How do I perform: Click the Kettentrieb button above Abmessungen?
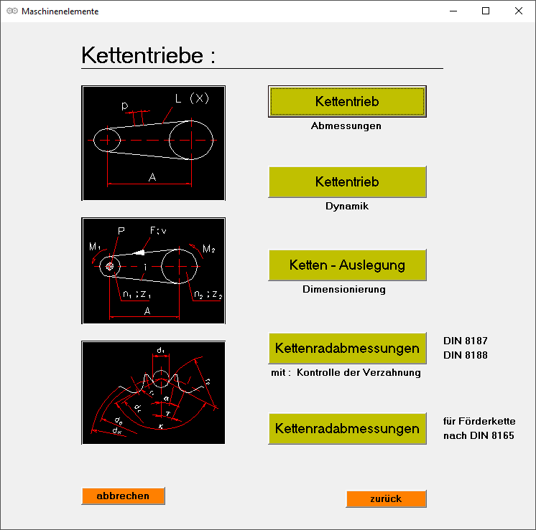[347, 102]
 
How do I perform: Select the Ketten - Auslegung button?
[347, 265]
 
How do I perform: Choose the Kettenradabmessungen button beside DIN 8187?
[347, 349]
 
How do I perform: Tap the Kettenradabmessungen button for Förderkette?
[347, 429]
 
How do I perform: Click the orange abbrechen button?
[123, 496]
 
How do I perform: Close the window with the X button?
[519, 11]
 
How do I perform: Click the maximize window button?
[486, 11]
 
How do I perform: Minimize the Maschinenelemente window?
[453, 11]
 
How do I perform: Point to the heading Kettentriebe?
[148, 55]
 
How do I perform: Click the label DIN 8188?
[466, 354]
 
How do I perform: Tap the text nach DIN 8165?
[479, 435]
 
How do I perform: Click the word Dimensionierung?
[344, 290]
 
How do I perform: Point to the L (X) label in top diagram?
[192, 98]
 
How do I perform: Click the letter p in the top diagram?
[125, 106]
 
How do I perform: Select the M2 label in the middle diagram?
[209, 248]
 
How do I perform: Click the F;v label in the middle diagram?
[158, 231]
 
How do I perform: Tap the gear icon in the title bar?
[11, 11]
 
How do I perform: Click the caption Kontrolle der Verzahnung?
[359, 373]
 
